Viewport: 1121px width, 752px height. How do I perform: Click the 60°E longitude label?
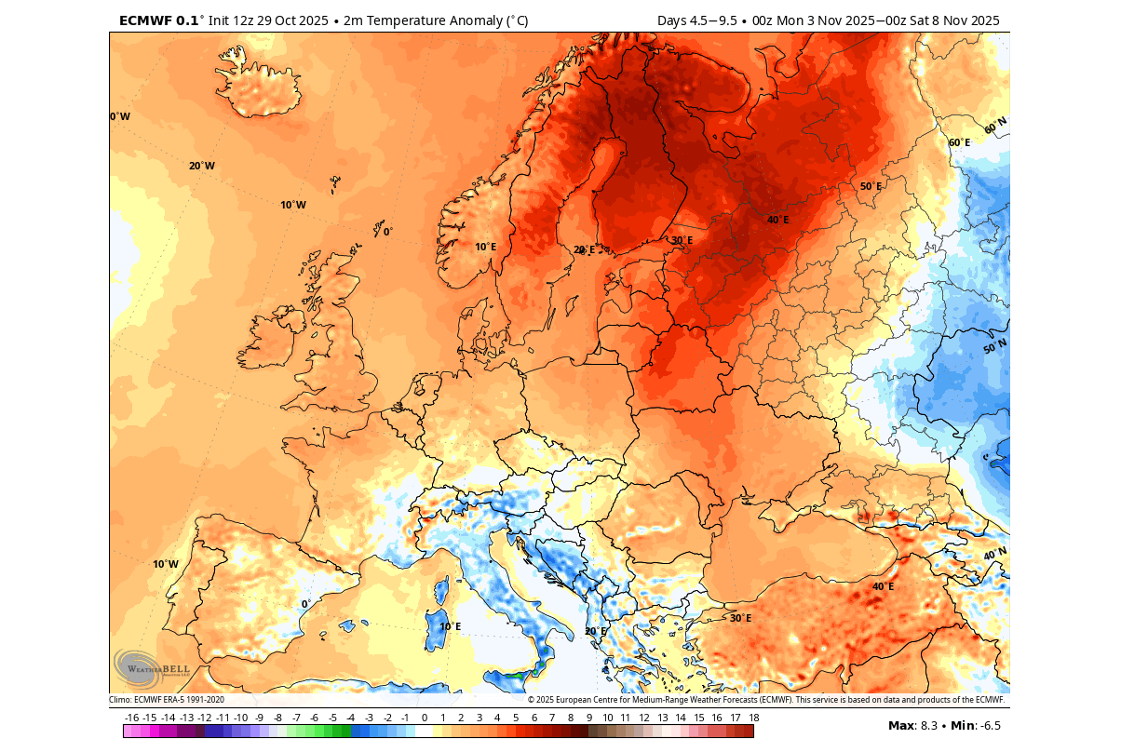coord(959,142)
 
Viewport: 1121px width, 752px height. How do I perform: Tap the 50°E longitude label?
coord(871,186)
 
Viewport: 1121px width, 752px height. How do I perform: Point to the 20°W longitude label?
coord(201,166)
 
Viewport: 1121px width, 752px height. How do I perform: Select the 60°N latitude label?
coord(995,125)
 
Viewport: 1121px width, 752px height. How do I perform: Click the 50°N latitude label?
coord(995,347)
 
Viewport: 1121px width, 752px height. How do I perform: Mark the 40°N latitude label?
coord(995,555)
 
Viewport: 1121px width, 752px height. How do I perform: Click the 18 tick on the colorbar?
coord(753,718)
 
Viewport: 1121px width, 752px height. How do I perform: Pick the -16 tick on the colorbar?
coord(131,718)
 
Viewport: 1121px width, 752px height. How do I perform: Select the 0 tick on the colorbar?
coord(424,718)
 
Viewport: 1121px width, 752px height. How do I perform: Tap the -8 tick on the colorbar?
coord(277,718)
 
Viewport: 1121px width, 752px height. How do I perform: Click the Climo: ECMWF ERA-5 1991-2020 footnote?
coord(167,700)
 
